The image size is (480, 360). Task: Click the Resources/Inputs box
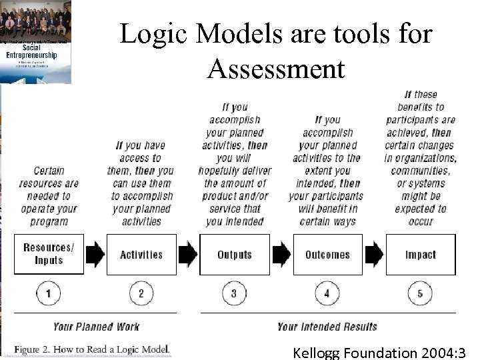coord(49,254)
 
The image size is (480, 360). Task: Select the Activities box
coord(141,254)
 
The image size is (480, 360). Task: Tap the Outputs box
coord(235,254)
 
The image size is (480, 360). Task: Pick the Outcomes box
coord(327,254)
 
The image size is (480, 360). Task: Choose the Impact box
coord(421,254)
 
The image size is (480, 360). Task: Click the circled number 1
coord(49,293)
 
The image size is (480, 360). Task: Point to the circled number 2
coord(141,293)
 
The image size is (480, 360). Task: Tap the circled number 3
coord(234,293)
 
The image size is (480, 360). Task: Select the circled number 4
coord(327,293)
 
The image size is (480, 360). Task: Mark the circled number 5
coord(420,293)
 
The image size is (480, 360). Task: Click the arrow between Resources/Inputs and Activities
coord(95,254)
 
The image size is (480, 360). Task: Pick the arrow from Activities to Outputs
coord(188,254)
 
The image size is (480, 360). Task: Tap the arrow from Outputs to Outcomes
coord(281,254)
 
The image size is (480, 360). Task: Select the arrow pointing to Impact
coord(374,254)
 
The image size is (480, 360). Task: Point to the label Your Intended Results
coord(327,327)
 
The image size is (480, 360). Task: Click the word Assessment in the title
coord(276,68)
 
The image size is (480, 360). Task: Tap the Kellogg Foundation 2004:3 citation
coord(379,353)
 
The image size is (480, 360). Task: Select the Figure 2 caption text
coord(92,349)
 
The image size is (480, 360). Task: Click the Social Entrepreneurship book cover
coord(36,42)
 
